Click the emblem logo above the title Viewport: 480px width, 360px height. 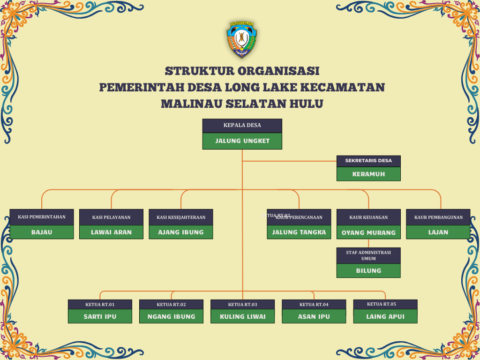[x=241, y=39]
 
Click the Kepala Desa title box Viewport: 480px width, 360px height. [x=242, y=125]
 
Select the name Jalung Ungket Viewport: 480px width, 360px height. [x=242, y=141]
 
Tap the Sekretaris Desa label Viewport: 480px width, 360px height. [x=368, y=161]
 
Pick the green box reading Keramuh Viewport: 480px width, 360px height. [x=368, y=174]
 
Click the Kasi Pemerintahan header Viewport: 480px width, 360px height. [x=42, y=217]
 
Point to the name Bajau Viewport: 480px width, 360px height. [x=42, y=232]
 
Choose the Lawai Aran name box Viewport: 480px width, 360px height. [x=111, y=232]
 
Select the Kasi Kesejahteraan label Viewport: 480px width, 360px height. [x=181, y=217]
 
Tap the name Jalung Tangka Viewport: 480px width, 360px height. [x=299, y=232]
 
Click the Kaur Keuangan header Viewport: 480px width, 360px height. [x=368, y=217]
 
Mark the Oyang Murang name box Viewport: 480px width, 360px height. [x=368, y=232]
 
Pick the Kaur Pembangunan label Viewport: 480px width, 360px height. [x=438, y=217]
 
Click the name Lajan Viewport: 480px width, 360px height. [x=438, y=232]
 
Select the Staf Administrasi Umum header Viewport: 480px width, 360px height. [x=368, y=255]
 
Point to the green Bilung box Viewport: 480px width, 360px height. [x=368, y=270]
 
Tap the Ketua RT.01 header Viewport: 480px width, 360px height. [x=100, y=305]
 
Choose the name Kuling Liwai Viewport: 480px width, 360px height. [x=242, y=316]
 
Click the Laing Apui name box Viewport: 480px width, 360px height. [x=385, y=316]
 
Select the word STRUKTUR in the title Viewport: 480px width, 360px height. [x=199, y=71]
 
